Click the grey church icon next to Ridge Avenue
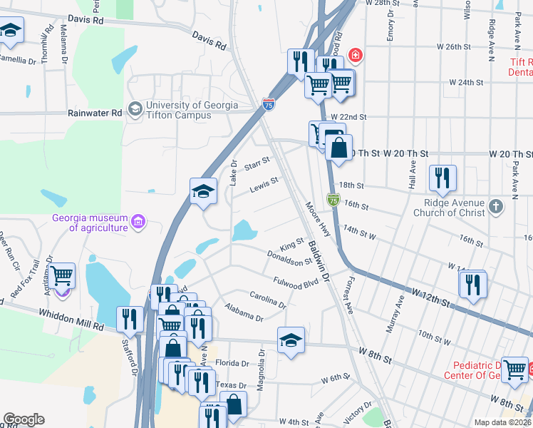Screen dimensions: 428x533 [x=496, y=208]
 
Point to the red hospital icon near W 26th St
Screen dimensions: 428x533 [x=355, y=56]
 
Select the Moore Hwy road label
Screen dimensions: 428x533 [x=318, y=219]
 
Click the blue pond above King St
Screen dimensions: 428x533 [x=244, y=230]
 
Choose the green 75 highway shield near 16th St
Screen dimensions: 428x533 [x=333, y=201]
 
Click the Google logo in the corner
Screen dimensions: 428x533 [x=24, y=419]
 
